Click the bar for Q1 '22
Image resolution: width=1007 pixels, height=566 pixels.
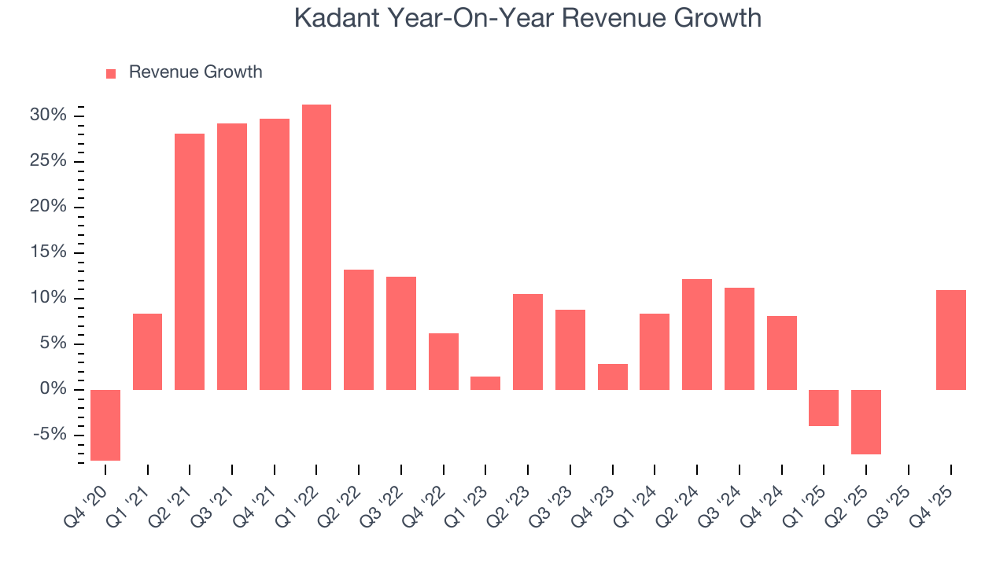pos(316,247)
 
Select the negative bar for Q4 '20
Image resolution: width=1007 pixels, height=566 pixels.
pos(105,424)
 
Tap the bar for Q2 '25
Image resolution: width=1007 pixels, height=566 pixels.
pos(866,421)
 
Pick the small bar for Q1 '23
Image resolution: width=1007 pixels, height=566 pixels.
pos(485,383)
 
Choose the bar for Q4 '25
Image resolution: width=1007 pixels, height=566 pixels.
pos(950,340)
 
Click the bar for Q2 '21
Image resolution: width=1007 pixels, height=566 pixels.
pos(190,262)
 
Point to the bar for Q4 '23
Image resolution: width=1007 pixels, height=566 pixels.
pos(612,377)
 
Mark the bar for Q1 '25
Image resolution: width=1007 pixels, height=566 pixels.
pos(824,407)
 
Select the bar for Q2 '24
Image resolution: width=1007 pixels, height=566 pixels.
pos(697,334)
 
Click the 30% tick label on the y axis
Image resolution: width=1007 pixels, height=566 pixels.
pos(49,116)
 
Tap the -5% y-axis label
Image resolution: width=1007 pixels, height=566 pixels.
pos(50,435)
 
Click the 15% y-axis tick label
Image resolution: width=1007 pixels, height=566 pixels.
pos(49,252)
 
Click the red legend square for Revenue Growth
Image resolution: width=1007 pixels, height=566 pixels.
pos(111,73)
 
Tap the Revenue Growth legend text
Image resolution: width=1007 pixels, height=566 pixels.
pos(195,72)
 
